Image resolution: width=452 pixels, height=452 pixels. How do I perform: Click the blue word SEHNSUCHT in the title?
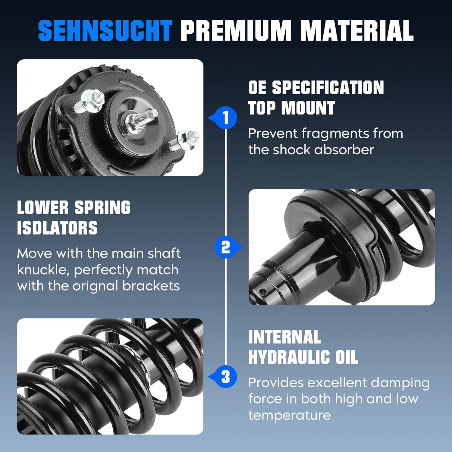pos(105,30)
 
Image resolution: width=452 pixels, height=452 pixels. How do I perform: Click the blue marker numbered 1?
pos(226,118)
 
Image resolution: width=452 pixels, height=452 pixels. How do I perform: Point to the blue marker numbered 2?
pos(226,247)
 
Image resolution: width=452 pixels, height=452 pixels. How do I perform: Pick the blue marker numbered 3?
pos(226,377)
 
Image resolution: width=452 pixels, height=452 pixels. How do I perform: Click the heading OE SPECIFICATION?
pos(316,88)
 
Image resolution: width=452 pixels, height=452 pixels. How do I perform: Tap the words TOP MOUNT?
pos(291,108)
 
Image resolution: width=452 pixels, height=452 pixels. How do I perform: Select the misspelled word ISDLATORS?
pos(57,228)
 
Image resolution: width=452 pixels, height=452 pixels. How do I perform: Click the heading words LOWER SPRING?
pos(74,208)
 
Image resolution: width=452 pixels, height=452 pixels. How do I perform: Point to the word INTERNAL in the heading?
pos(284,337)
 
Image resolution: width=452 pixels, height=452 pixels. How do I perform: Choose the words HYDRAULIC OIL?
pos(303,357)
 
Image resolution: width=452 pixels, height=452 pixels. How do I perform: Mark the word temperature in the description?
pos(289,415)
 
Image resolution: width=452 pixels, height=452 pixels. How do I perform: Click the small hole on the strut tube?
pos(263,291)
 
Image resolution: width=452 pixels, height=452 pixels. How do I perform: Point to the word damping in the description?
pos(400,383)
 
